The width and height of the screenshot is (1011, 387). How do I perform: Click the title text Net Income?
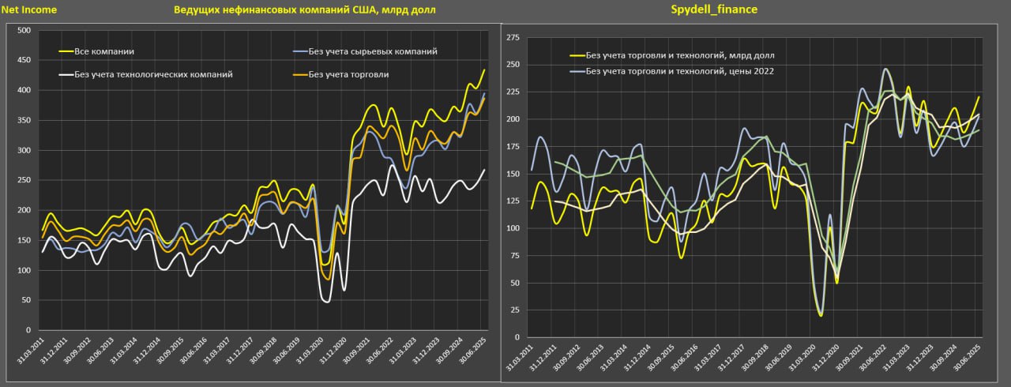pos(29,10)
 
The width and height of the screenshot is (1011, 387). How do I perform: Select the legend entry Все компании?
pos(103,51)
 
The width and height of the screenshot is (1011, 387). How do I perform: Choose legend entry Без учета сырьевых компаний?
pos(373,51)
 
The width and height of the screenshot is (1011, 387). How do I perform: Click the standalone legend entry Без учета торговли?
pos(348,74)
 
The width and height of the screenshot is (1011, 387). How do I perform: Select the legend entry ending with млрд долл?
pos(679,55)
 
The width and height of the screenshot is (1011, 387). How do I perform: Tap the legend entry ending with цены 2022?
pos(678,71)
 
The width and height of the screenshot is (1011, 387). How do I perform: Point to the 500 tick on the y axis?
pos(23,31)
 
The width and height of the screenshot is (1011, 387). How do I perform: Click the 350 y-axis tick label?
pos(23,121)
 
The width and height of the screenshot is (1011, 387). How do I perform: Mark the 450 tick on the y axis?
pos(23,61)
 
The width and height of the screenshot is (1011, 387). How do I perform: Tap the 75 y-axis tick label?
pos(514,255)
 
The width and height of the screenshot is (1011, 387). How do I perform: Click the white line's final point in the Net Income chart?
pos(484,171)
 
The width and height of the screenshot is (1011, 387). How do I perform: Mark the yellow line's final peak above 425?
pos(484,70)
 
